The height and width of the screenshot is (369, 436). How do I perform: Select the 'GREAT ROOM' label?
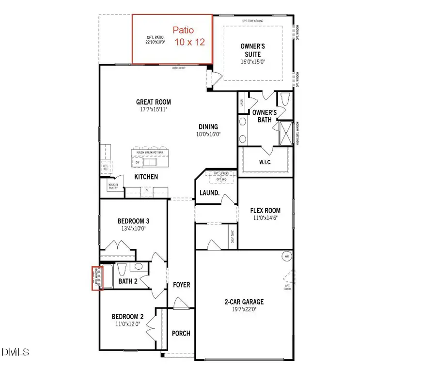[154, 102]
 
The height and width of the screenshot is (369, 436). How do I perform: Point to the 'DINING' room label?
[207, 127]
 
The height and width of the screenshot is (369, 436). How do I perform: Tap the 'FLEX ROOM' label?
[265, 211]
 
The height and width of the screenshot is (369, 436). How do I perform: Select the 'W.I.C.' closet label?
[265, 162]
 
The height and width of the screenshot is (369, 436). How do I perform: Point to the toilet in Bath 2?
[122, 269]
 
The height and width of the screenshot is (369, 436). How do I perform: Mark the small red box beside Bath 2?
[97, 278]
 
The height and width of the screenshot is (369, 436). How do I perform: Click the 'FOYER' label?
[182, 285]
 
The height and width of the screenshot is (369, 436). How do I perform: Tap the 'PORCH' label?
[181, 333]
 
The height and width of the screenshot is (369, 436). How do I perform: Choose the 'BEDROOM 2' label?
[128, 317]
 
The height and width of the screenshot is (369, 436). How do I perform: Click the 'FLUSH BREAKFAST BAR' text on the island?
[153, 152]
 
